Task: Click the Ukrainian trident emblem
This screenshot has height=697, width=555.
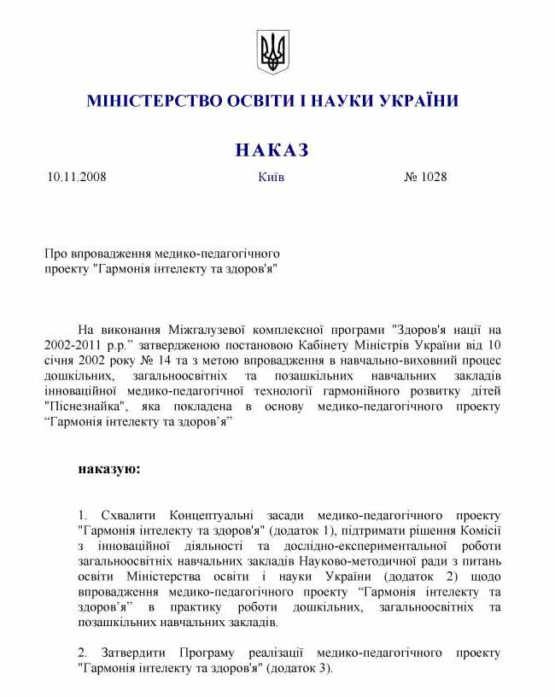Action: click(x=273, y=52)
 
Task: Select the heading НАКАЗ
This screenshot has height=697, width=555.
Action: click(x=272, y=150)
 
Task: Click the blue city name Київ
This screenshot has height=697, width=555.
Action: click(x=271, y=178)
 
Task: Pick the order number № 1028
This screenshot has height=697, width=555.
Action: click(x=424, y=178)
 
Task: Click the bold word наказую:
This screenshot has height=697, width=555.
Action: click(x=108, y=469)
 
